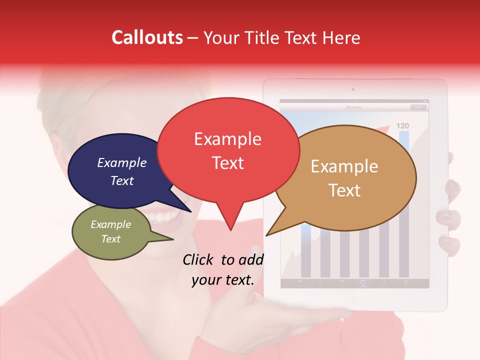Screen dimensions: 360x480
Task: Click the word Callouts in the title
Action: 147,37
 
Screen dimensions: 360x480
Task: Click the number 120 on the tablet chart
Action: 402,125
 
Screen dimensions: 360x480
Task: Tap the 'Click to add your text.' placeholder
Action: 223,270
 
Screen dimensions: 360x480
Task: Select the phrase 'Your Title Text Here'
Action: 282,37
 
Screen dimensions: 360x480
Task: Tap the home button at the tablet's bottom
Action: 354,301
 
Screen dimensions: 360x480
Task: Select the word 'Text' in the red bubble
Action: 228,163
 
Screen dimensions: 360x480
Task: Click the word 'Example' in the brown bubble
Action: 344,166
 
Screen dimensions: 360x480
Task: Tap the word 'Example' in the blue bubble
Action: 122,163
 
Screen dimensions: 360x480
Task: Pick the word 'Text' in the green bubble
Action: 111,239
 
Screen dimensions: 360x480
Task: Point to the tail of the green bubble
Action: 165,239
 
